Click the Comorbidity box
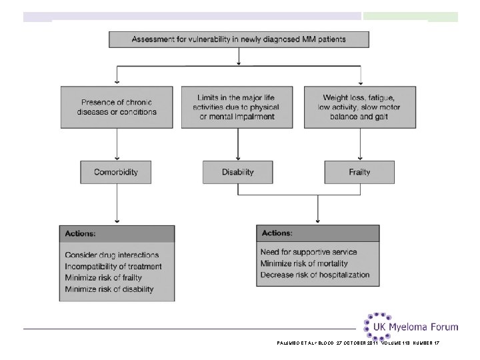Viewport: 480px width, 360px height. [x=116, y=173]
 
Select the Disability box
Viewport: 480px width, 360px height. [x=238, y=173]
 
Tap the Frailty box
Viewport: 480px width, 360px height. [x=359, y=173]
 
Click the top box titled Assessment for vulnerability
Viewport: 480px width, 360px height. [x=239, y=39]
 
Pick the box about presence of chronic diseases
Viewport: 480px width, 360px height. [x=117, y=107]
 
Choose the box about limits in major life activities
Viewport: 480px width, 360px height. [x=237, y=107]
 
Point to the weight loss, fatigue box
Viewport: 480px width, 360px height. [x=360, y=107]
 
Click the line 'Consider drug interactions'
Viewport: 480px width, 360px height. [x=112, y=255]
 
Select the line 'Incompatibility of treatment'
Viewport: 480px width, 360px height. [x=113, y=266]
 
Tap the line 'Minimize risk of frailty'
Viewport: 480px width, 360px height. [x=103, y=277]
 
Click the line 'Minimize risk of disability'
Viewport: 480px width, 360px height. [x=109, y=289]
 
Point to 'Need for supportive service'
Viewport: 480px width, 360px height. [x=309, y=252]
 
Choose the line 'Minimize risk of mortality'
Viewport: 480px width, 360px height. [x=304, y=263]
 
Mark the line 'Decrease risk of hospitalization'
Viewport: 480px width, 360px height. [x=315, y=275]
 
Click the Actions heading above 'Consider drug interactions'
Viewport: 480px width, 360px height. [x=80, y=233]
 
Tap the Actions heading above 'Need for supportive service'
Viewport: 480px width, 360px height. [x=277, y=233]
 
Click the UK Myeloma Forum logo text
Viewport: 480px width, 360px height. [x=416, y=327]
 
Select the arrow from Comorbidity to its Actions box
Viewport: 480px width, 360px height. [x=117, y=203]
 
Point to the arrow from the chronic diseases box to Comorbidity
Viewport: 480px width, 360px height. [x=117, y=144]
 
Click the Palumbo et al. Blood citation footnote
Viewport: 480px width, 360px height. [x=358, y=343]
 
